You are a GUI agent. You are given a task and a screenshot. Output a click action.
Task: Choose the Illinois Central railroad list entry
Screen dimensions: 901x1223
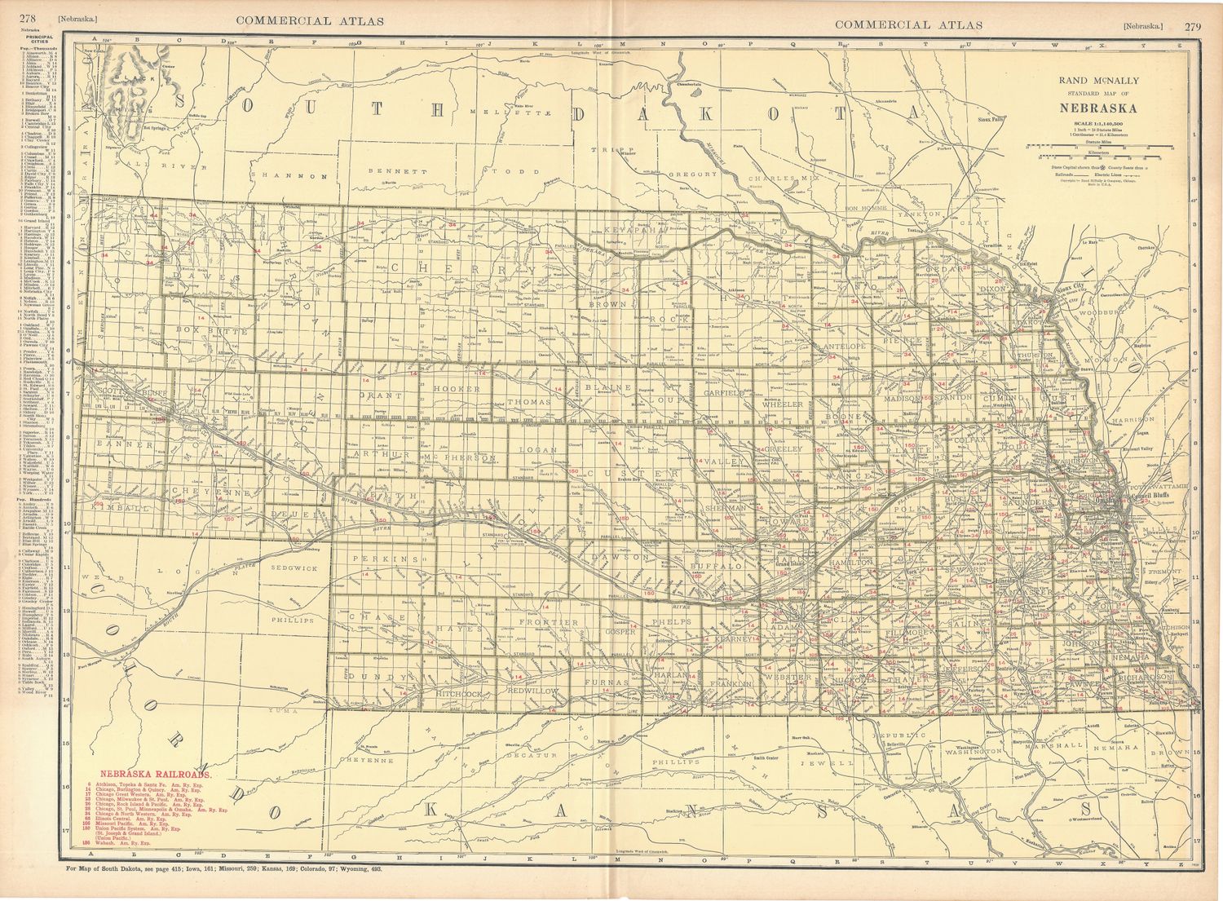(x=130, y=819)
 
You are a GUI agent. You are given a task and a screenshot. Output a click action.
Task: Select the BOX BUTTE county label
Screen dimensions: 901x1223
(x=205, y=331)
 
